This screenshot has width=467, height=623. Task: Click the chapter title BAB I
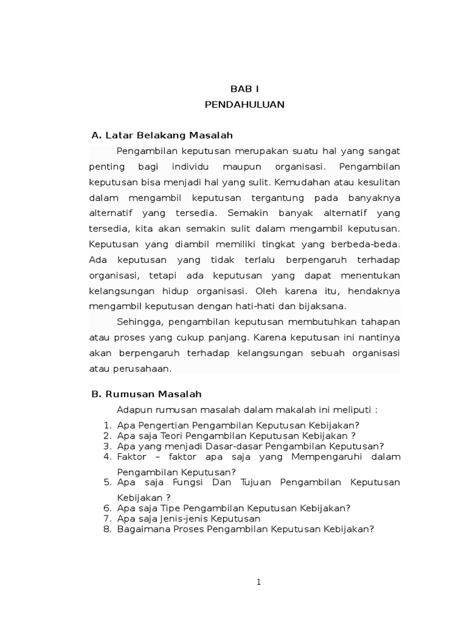point(244,89)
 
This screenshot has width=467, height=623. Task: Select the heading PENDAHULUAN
point(244,105)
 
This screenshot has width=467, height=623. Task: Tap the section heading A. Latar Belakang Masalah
point(162,134)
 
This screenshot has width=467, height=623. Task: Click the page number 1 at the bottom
point(258,582)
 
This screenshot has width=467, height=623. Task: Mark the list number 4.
point(106,456)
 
